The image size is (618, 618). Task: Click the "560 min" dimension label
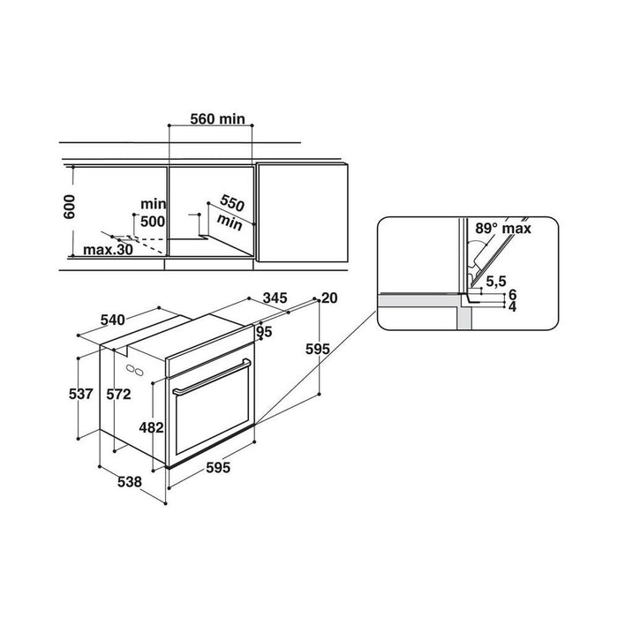217,118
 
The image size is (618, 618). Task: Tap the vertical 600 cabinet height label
69,207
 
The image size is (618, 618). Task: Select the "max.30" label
108,250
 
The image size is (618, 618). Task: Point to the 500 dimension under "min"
153,221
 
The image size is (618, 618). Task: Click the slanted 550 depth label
232,203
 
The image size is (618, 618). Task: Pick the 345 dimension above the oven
275,298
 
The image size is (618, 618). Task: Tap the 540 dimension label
112,320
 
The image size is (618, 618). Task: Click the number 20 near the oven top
329,298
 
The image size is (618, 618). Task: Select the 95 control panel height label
264,332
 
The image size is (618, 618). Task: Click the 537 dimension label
81,394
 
